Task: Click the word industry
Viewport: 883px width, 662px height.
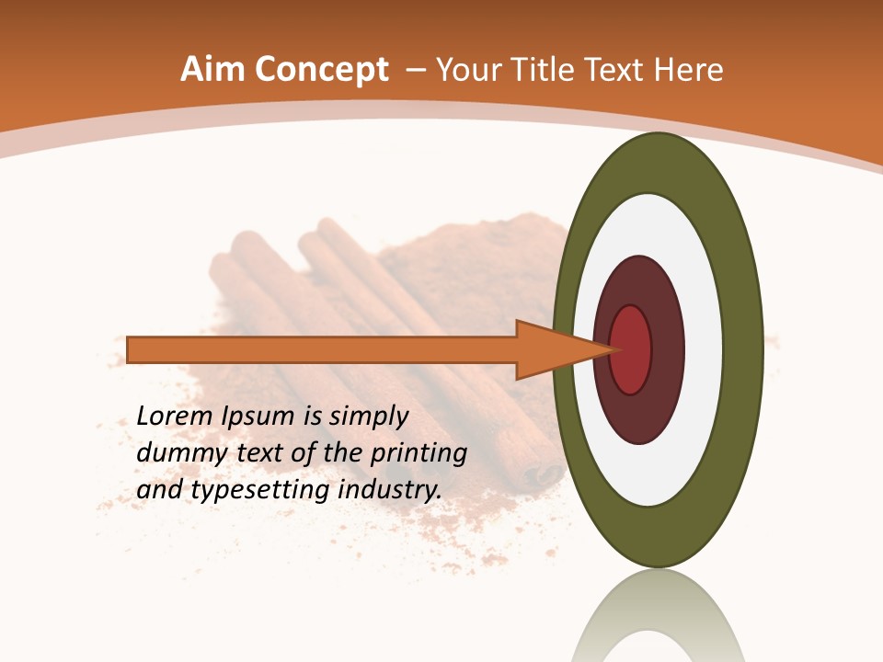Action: point(390,489)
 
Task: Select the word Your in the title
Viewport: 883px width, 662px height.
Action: point(465,70)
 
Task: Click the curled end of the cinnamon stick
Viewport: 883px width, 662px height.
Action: point(543,474)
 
